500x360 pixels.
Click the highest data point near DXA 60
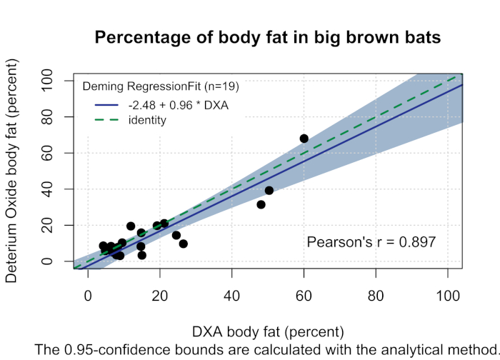click(x=304, y=139)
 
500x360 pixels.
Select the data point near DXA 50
click(x=269, y=190)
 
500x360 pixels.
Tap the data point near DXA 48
click(x=261, y=204)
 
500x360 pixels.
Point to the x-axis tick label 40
click(x=232, y=293)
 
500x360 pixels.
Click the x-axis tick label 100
click(x=448, y=293)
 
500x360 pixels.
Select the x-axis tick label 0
click(x=88, y=293)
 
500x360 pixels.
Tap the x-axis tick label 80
click(x=376, y=293)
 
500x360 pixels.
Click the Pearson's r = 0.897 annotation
click(x=371, y=242)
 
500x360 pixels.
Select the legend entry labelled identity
click(x=147, y=121)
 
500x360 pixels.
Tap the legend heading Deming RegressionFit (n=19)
click(x=161, y=87)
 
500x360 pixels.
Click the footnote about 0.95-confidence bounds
click(x=266, y=350)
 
